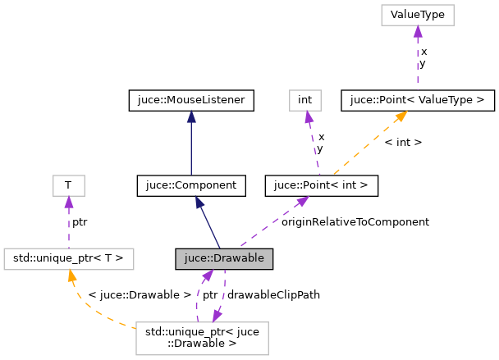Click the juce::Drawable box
tap(223, 259)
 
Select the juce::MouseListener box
tap(190, 101)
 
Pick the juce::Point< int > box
tap(322, 186)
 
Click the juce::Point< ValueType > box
tap(417, 101)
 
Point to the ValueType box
tap(417, 16)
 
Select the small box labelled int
tap(305, 101)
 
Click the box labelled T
tap(68, 186)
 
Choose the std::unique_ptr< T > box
tap(68, 259)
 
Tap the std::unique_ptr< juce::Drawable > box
tap(203, 338)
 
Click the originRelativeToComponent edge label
tap(355, 221)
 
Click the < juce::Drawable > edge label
tap(128, 294)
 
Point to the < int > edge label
tap(403, 142)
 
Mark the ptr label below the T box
tap(80, 221)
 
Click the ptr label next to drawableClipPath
tap(210, 294)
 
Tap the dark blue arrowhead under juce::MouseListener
tap(190, 117)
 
